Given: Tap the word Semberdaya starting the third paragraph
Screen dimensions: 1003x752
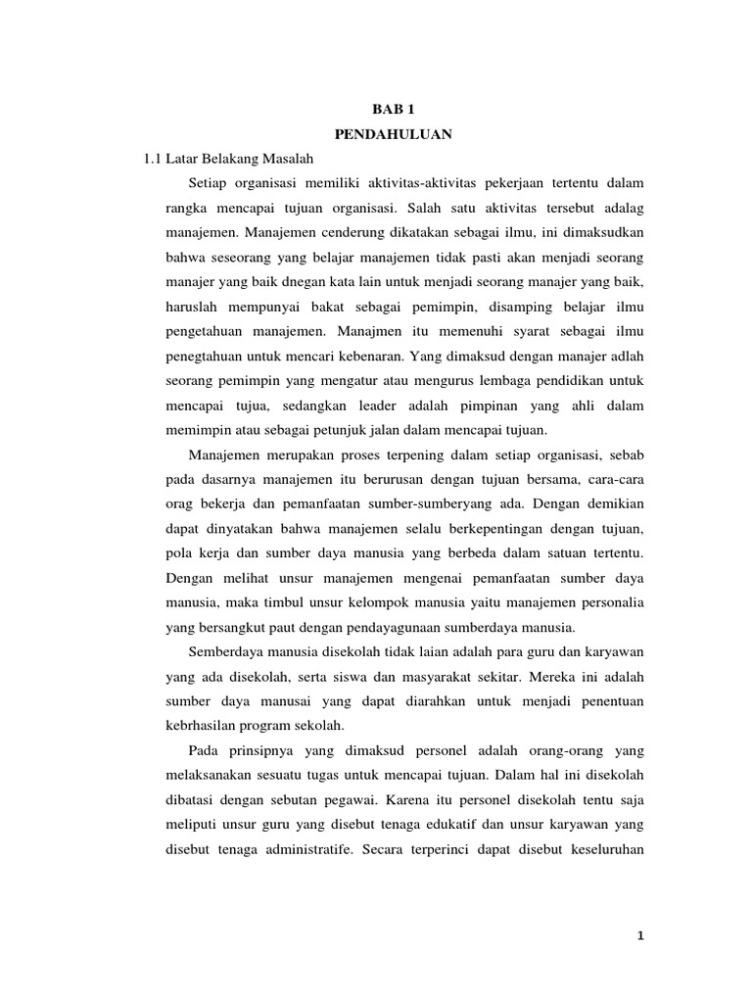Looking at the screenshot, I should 220,651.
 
